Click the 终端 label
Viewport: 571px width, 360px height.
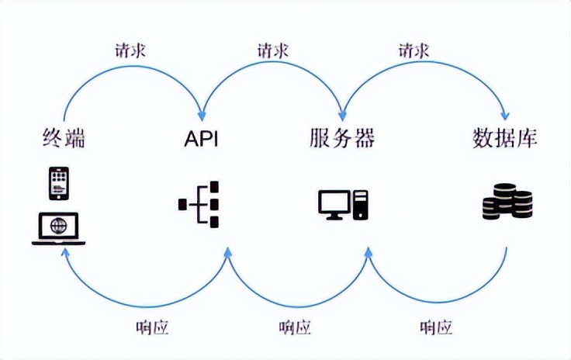[63, 139]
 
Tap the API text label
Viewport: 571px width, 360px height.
[200, 139]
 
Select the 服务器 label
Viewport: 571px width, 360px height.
[341, 139]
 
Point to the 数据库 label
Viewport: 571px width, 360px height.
[505, 139]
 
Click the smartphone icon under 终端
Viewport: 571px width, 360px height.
[58, 184]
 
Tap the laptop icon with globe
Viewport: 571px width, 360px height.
[58, 228]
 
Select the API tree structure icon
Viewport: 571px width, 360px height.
[200, 205]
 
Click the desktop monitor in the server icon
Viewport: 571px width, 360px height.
[334, 203]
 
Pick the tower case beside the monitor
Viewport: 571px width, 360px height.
[360, 204]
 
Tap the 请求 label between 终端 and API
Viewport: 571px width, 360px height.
[130, 51]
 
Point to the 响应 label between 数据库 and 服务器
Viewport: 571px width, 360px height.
[435, 327]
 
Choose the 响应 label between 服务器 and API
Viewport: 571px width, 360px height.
[295, 327]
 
